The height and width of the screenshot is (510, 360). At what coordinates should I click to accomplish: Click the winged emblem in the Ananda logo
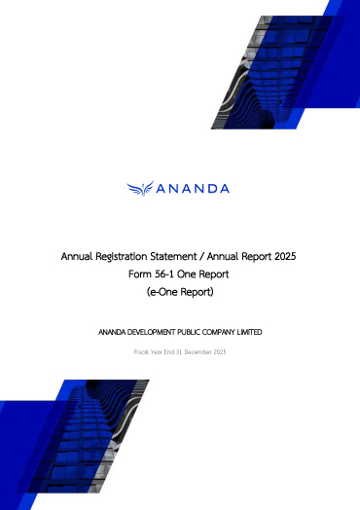pyautogui.click(x=141, y=188)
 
